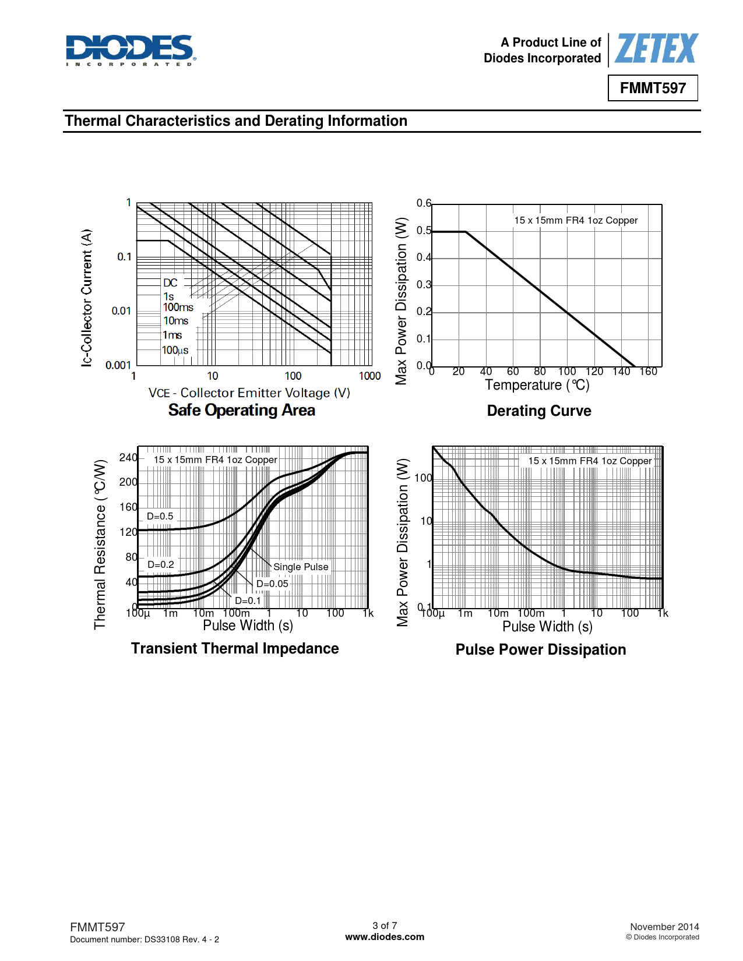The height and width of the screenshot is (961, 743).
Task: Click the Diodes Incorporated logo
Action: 131,50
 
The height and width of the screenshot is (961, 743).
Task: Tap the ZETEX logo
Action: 656,49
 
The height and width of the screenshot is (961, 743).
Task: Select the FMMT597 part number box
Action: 653,88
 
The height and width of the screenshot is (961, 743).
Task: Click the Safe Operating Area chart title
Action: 241,411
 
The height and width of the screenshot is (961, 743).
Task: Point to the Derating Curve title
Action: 539,411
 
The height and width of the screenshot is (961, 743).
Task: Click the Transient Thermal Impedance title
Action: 235,649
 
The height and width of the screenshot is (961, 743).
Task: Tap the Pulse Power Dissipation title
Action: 541,650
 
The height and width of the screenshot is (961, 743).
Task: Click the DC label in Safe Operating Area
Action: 170,283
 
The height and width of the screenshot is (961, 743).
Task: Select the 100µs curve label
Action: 175,350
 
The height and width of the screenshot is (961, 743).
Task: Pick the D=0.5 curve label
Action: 160,517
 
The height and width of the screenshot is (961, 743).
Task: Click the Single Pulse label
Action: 301,567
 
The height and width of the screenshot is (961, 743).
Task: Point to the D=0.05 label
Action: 272,584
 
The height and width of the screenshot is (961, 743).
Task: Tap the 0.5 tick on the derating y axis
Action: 424,231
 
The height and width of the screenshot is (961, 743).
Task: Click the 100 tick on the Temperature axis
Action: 566,372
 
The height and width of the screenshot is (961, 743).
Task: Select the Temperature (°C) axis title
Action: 537,386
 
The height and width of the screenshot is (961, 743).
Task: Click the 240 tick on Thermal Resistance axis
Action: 128,458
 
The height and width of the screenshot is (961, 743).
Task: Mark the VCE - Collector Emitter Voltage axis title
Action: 249,393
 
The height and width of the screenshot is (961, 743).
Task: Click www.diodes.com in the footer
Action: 385,937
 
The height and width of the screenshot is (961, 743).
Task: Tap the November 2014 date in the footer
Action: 664,927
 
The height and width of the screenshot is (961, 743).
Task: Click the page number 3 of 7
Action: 385,925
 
